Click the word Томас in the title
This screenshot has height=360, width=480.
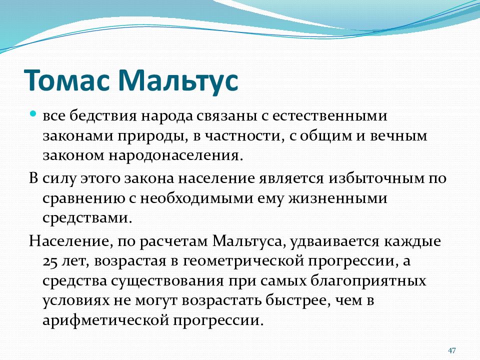pos(66,80)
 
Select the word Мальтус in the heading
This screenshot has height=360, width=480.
pos(178,80)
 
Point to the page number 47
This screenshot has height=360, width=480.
pos(451,350)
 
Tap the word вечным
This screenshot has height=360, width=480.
pos(398,136)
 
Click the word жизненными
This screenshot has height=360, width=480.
pos(337,198)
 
